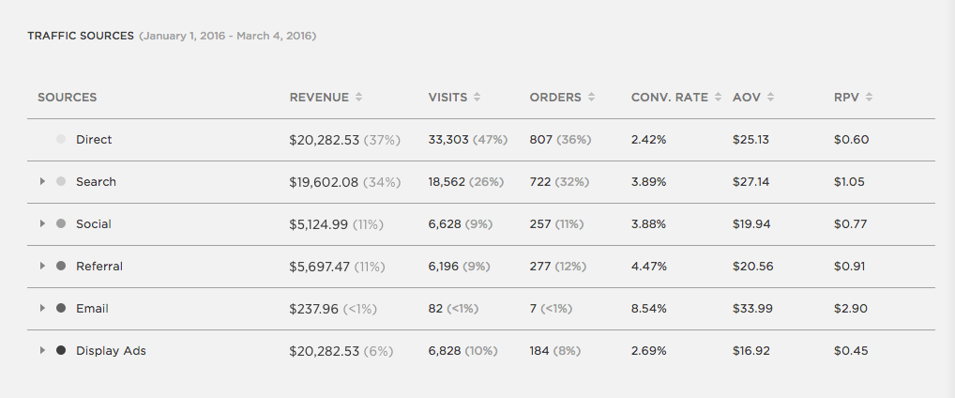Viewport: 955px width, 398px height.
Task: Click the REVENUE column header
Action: (x=319, y=98)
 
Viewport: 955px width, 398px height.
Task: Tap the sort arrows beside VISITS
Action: (x=477, y=98)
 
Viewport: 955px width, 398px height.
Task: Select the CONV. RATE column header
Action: (x=669, y=98)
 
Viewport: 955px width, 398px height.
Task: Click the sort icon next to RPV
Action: (x=869, y=98)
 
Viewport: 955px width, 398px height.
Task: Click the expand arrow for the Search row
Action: (x=42, y=182)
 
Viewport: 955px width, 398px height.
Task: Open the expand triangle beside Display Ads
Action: (x=42, y=351)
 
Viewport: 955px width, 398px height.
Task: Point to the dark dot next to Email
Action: (x=61, y=309)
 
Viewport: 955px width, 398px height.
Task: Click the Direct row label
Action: (x=94, y=140)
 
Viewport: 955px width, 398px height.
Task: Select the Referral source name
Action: (x=99, y=267)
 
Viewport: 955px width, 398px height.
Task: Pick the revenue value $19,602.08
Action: (x=324, y=182)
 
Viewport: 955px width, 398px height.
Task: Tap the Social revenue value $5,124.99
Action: (x=319, y=224)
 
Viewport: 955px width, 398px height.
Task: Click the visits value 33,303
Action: (x=448, y=140)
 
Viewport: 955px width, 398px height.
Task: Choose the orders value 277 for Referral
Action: (x=540, y=267)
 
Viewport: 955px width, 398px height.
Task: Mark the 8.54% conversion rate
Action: (x=649, y=309)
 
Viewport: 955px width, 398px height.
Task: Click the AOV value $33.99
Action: (x=751, y=309)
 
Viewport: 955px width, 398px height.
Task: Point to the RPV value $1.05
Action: (x=849, y=182)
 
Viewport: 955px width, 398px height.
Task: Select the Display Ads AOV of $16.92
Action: (x=751, y=351)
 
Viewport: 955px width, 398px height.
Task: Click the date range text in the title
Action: (x=228, y=37)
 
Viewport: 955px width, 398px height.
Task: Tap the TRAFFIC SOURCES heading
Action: (x=81, y=37)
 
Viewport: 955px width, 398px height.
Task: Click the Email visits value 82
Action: (x=435, y=309)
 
